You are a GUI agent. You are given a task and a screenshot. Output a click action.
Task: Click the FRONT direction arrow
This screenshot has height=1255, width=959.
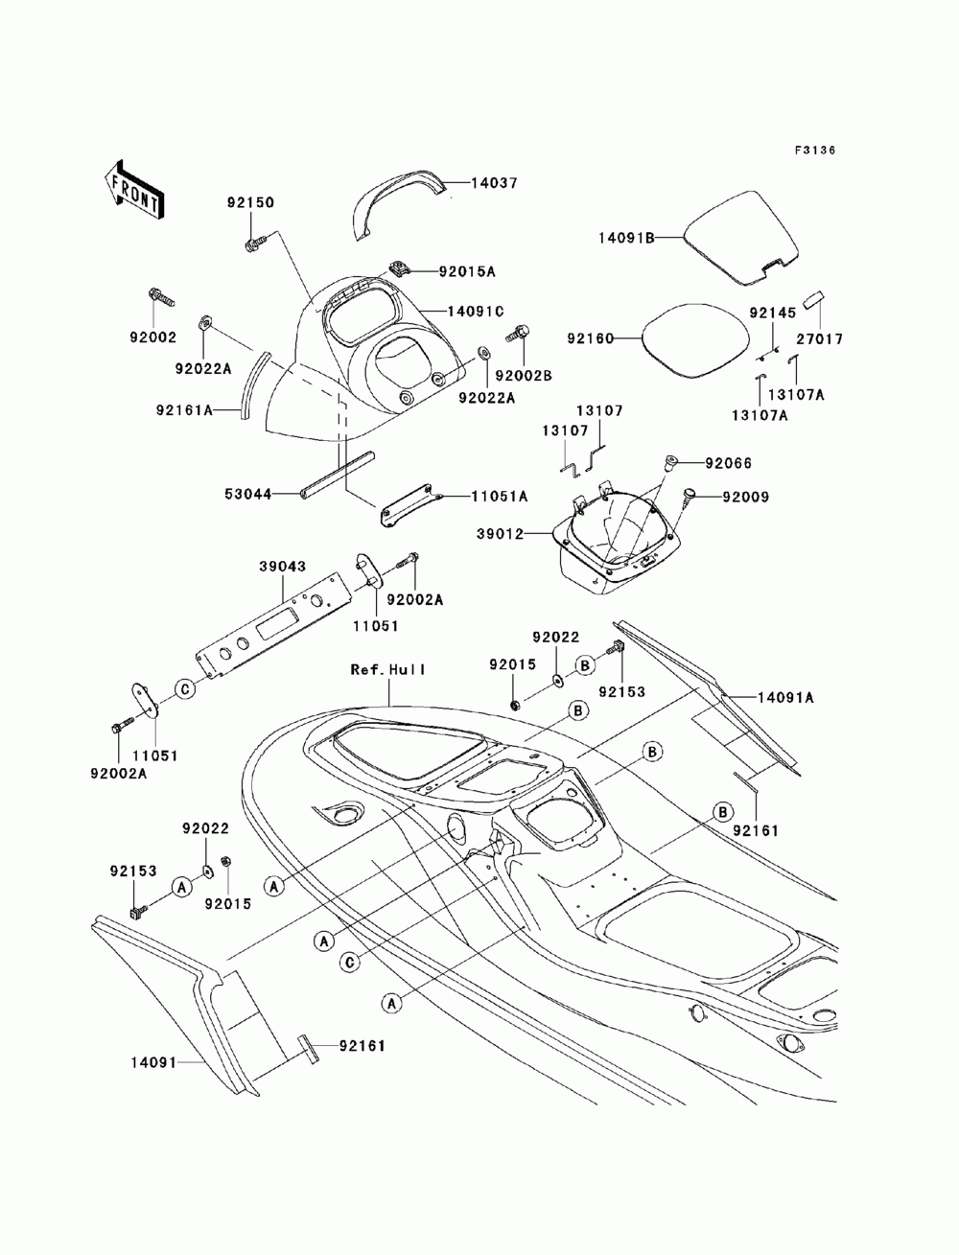coord(134,189)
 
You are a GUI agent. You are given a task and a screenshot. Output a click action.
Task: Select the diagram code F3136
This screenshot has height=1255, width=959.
coord(814,151)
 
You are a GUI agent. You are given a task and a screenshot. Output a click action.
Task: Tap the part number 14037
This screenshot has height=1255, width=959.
coord(494,183)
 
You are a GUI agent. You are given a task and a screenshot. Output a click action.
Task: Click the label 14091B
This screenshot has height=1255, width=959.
coord(626,237)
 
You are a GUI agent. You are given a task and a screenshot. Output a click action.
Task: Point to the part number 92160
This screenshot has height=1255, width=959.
coord(590,338)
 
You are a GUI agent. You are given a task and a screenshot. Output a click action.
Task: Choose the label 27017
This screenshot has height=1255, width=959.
coord(820,339)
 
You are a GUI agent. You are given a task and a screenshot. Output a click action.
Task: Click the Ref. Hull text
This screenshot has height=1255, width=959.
coord(388,669)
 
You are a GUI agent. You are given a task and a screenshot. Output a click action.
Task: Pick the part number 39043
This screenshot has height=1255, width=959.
coord(283,566)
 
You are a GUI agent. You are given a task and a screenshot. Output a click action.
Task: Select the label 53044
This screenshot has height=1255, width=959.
coord(247,494)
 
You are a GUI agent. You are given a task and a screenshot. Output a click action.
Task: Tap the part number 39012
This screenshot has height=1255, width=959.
coord(500,534)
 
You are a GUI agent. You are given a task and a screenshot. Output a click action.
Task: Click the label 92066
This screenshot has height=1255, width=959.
coord(728,463)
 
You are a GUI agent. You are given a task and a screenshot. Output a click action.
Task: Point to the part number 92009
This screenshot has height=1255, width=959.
coord(746,497)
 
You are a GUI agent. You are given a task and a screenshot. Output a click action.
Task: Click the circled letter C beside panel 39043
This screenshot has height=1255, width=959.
coord(185,689)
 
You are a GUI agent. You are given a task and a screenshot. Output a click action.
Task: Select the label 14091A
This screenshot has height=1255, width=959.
coord(785,698)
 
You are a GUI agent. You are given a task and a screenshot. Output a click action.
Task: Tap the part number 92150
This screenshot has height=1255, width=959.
coord(250,202)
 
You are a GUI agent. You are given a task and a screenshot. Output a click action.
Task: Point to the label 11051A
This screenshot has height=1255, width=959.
coord(500,497)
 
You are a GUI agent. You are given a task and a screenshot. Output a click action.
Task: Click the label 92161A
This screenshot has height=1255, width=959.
coord(184,410)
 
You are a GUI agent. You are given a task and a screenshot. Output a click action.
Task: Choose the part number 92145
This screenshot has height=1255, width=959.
coord(773,313)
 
